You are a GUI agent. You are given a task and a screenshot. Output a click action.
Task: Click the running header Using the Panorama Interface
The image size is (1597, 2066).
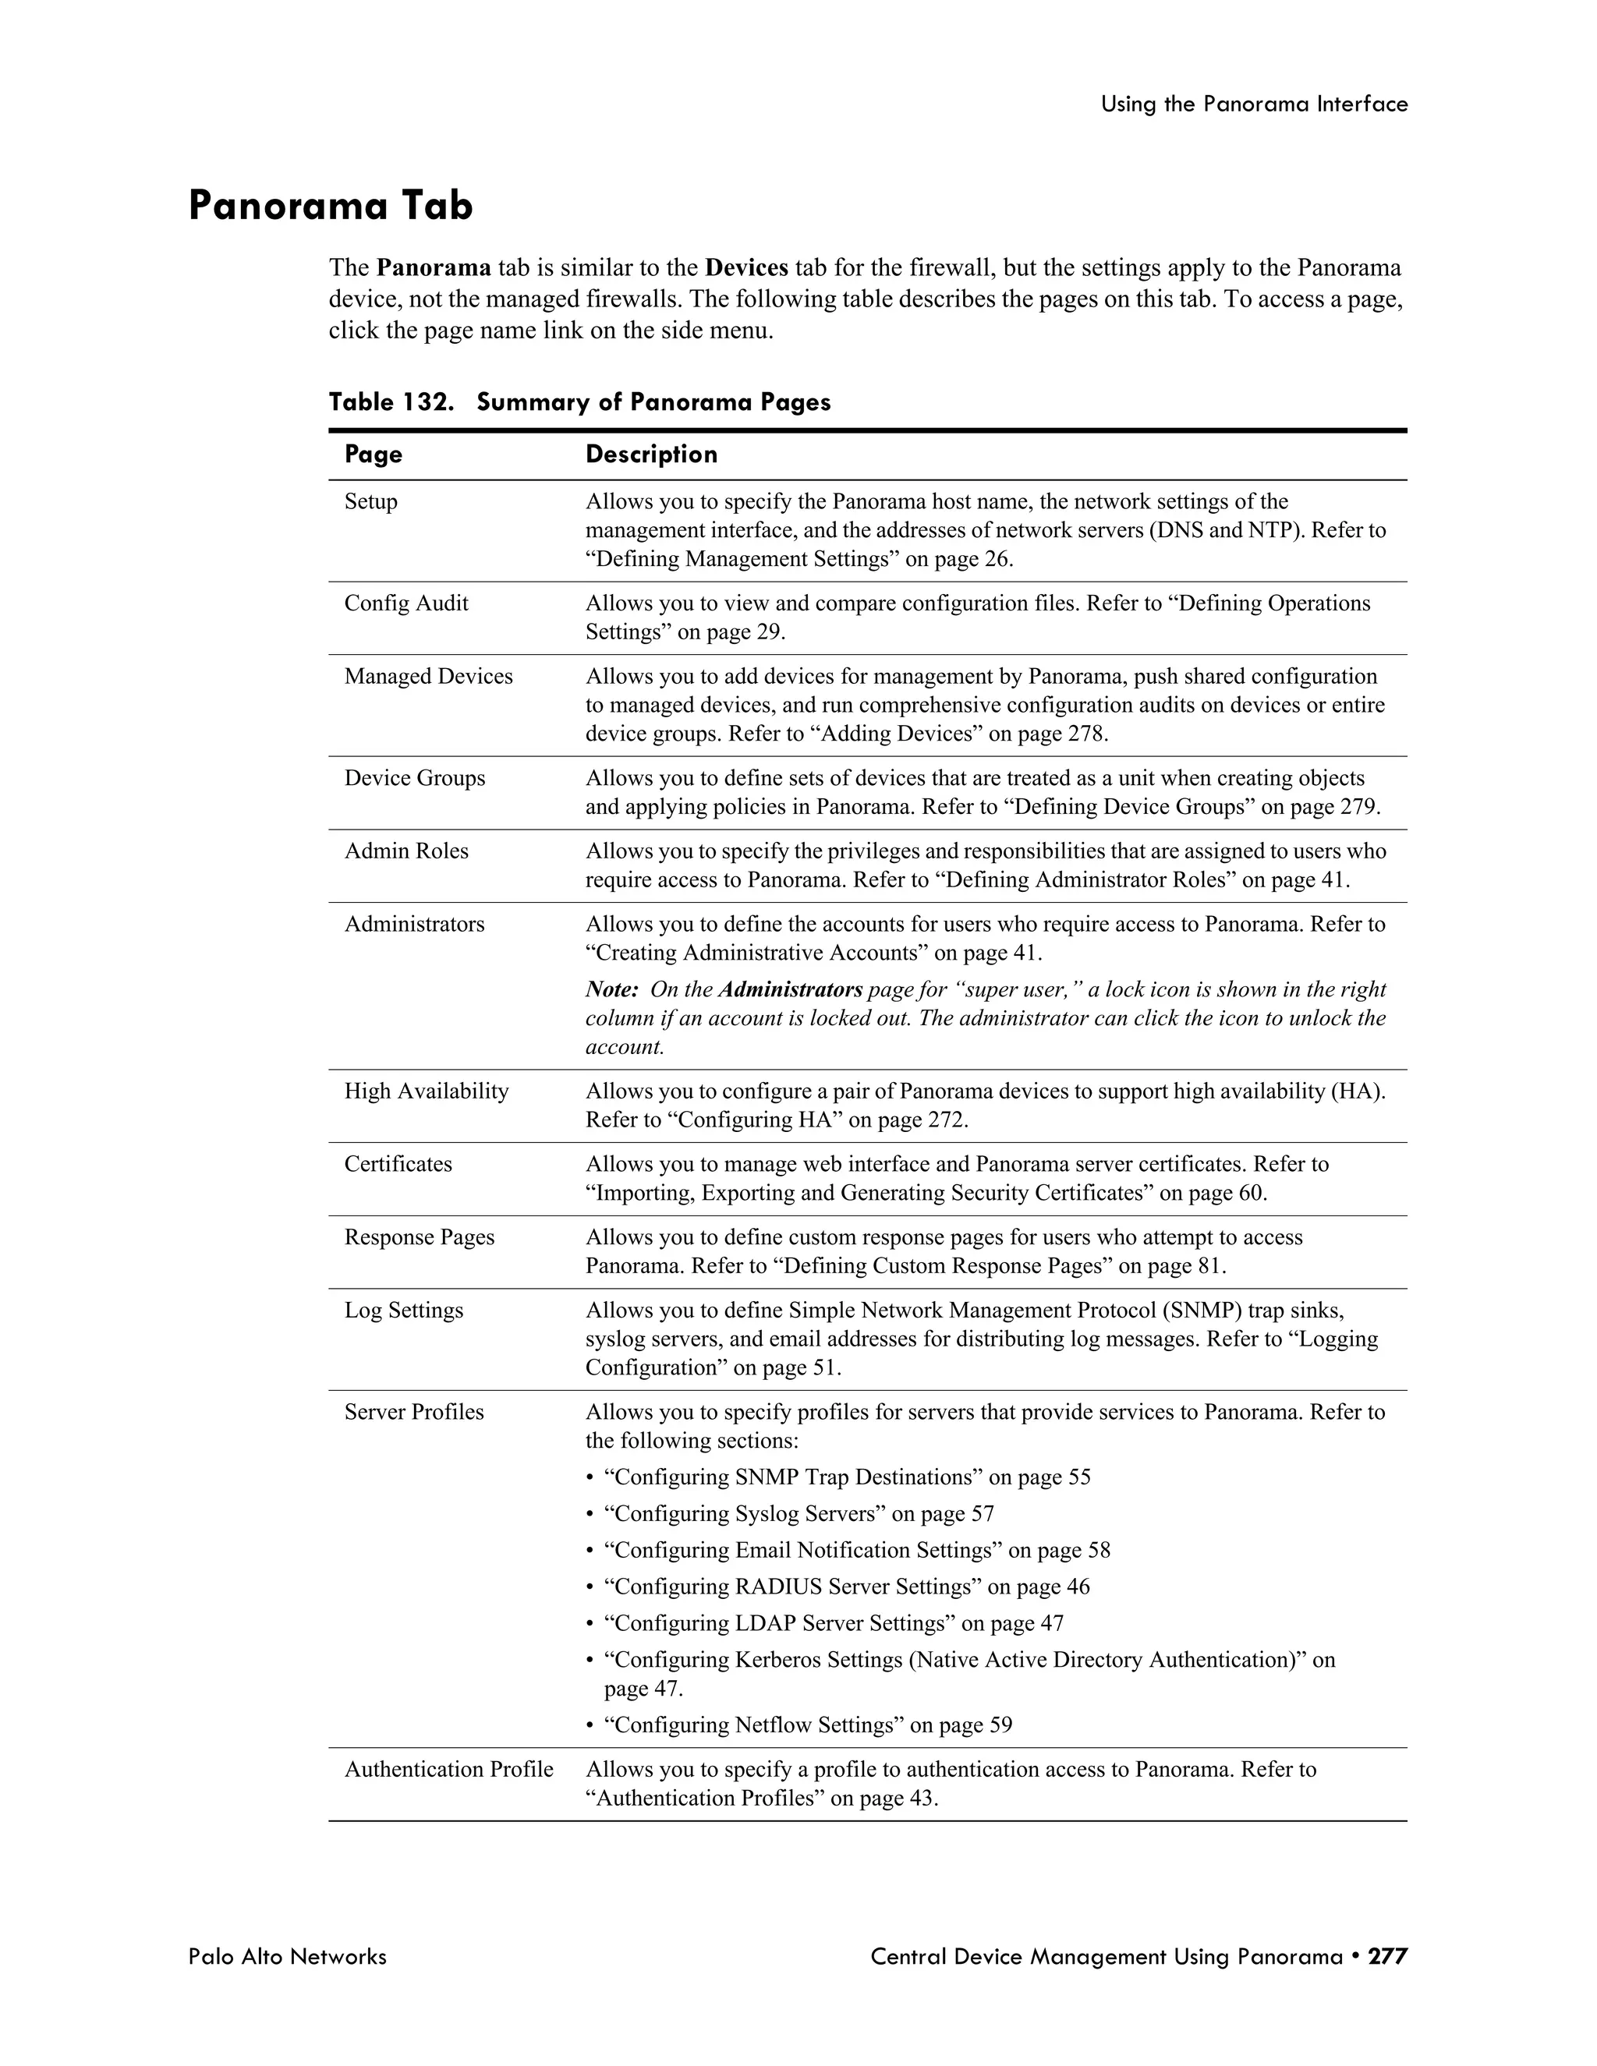[x=1254, y=104]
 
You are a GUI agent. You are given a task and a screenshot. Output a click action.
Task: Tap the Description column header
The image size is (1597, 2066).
[x=651, y=455]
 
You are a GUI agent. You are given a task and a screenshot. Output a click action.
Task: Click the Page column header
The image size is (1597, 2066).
[x=373, y=455]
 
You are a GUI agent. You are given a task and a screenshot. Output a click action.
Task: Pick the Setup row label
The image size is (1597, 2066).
[x=371, y=501]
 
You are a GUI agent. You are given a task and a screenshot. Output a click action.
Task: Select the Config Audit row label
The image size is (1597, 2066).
[x=405, y=603]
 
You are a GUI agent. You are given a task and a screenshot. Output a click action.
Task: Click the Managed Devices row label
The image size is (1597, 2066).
[x=427, y=677]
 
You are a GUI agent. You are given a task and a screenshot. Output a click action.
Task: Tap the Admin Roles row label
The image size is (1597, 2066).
[x=405, y=851]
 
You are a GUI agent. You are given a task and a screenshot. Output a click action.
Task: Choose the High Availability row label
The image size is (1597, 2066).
[x=426, y=1091]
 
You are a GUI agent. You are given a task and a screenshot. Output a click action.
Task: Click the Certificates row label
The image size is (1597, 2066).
[x=398, y=1165]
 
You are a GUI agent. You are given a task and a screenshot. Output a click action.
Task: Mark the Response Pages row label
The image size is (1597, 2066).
[x=419, y=1237]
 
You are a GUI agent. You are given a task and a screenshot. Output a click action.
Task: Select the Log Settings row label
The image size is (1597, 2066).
[x=403, y=1311]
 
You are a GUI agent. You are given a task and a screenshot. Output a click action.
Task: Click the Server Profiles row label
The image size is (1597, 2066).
[x=413, y=1413]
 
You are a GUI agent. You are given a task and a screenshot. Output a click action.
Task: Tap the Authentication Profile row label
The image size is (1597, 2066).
[x=448, y=1770]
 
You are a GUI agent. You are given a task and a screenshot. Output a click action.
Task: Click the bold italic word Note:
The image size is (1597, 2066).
[x=612, y=989]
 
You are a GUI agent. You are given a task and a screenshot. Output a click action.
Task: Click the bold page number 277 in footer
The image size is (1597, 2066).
[x=1388, y=1956]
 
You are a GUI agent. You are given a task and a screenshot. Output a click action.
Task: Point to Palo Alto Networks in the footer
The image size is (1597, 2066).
[x=287, y=1956]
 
